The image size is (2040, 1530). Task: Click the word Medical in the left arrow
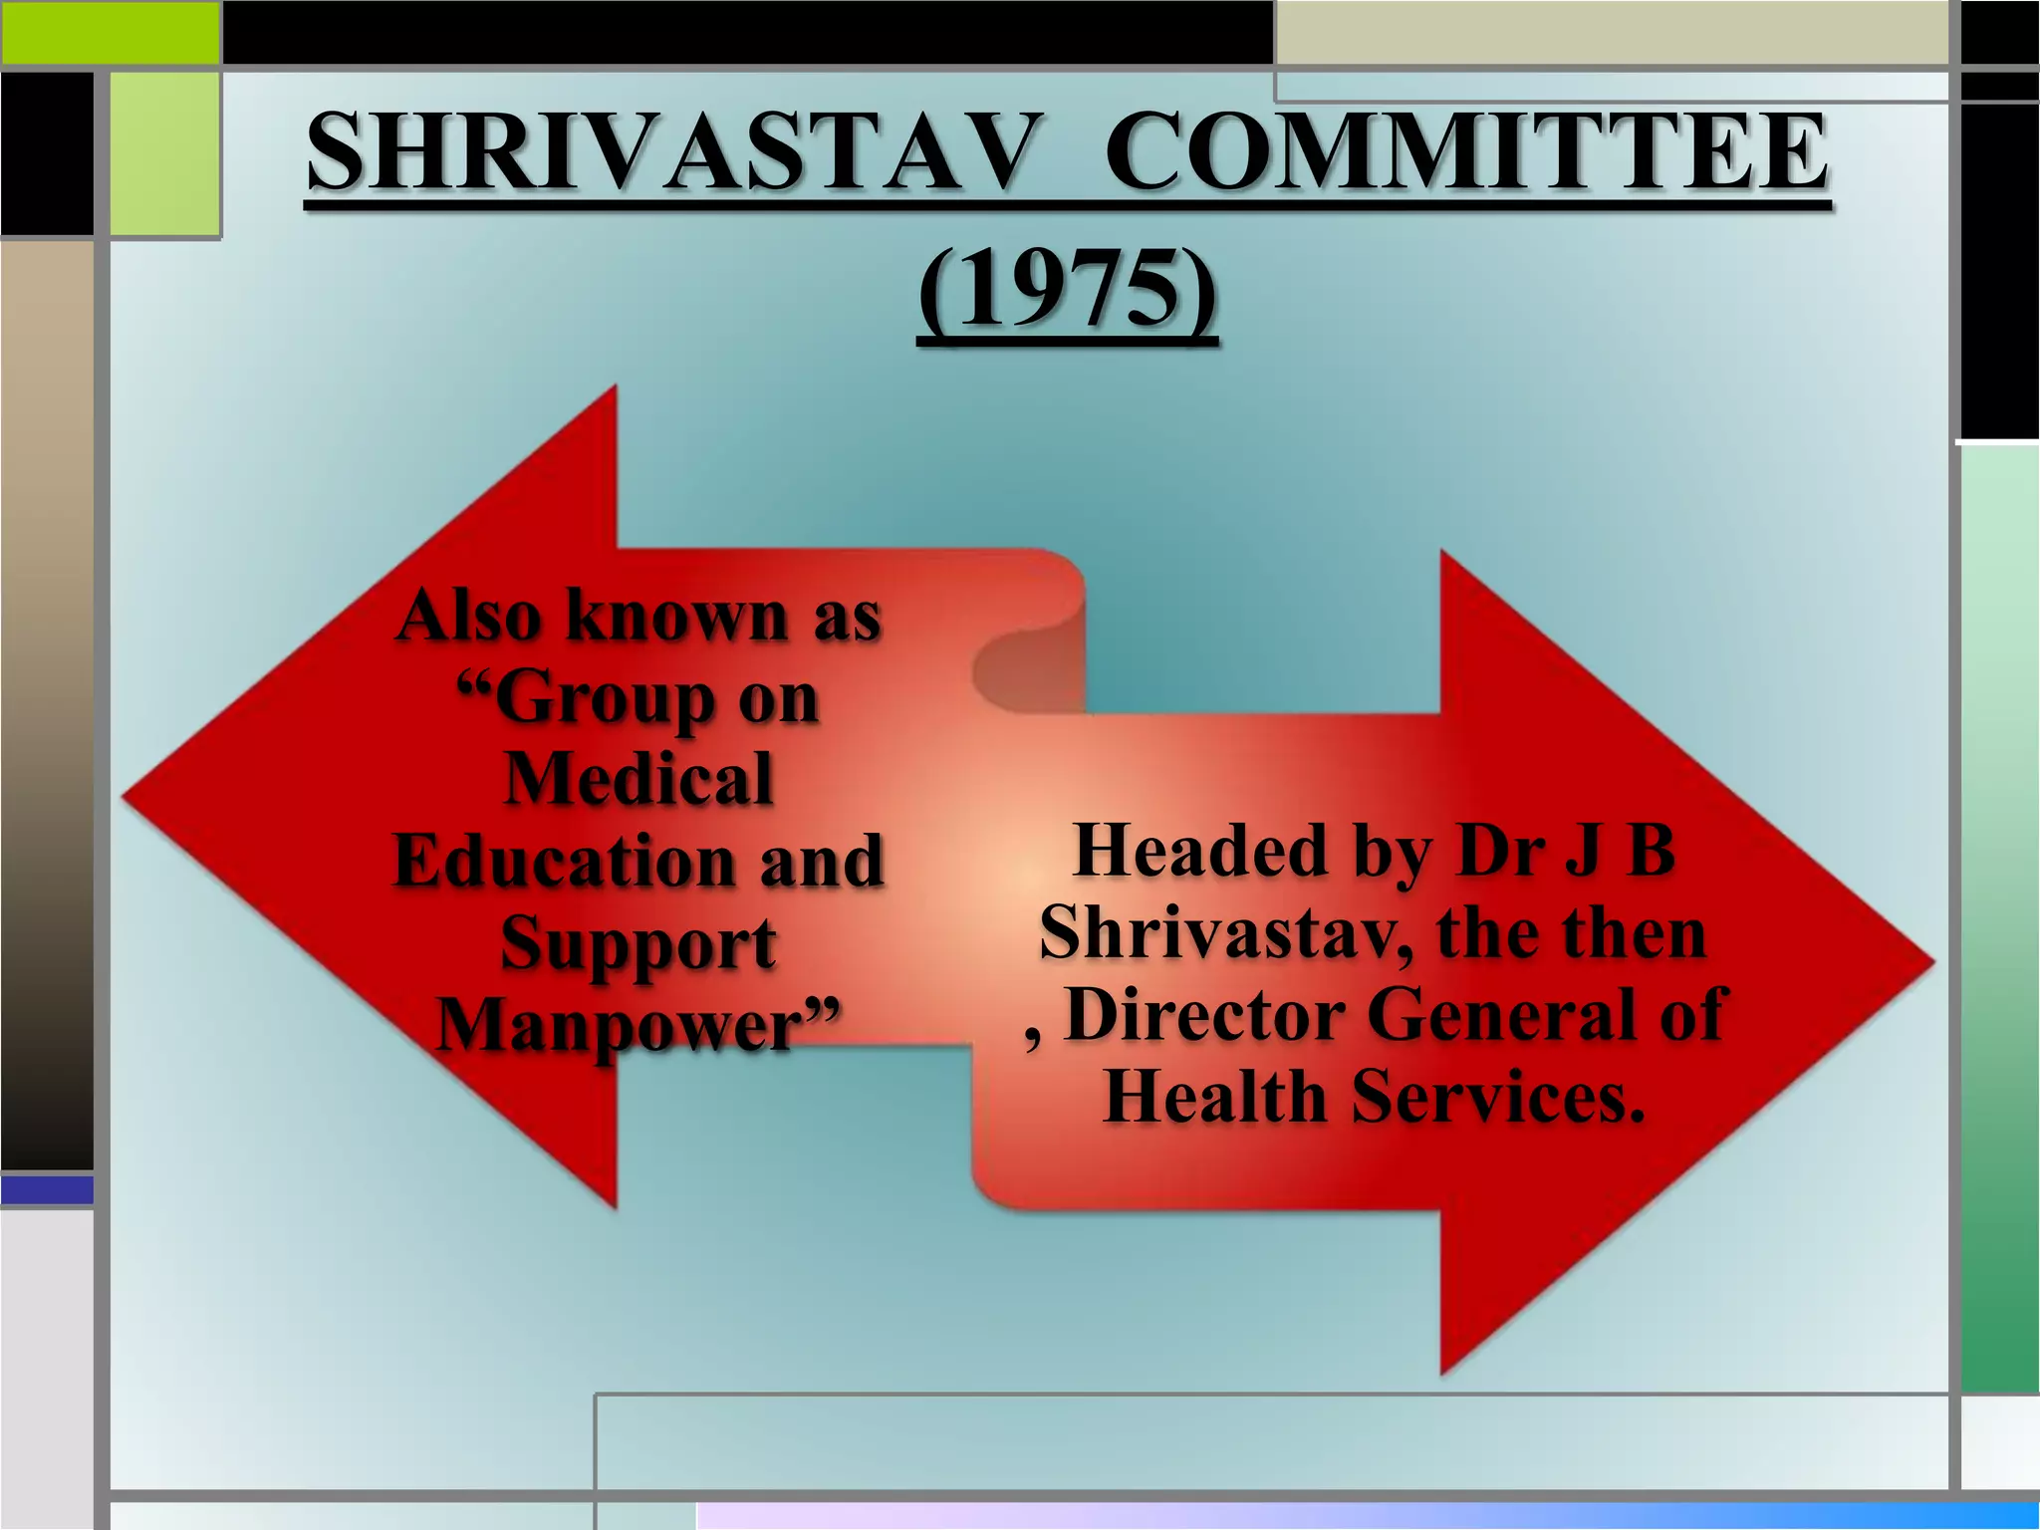[x=638, y=778]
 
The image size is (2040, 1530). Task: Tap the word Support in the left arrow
[x=637, y=943]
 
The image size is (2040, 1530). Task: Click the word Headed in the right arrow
[x=1201, y=852]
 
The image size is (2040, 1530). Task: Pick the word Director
[x=1205, y=1015]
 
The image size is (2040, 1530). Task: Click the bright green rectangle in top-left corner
[x=110, y=32]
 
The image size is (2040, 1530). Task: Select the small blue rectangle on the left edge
[x=47, y=1189]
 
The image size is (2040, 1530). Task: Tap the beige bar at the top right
[x=1611, y=32]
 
